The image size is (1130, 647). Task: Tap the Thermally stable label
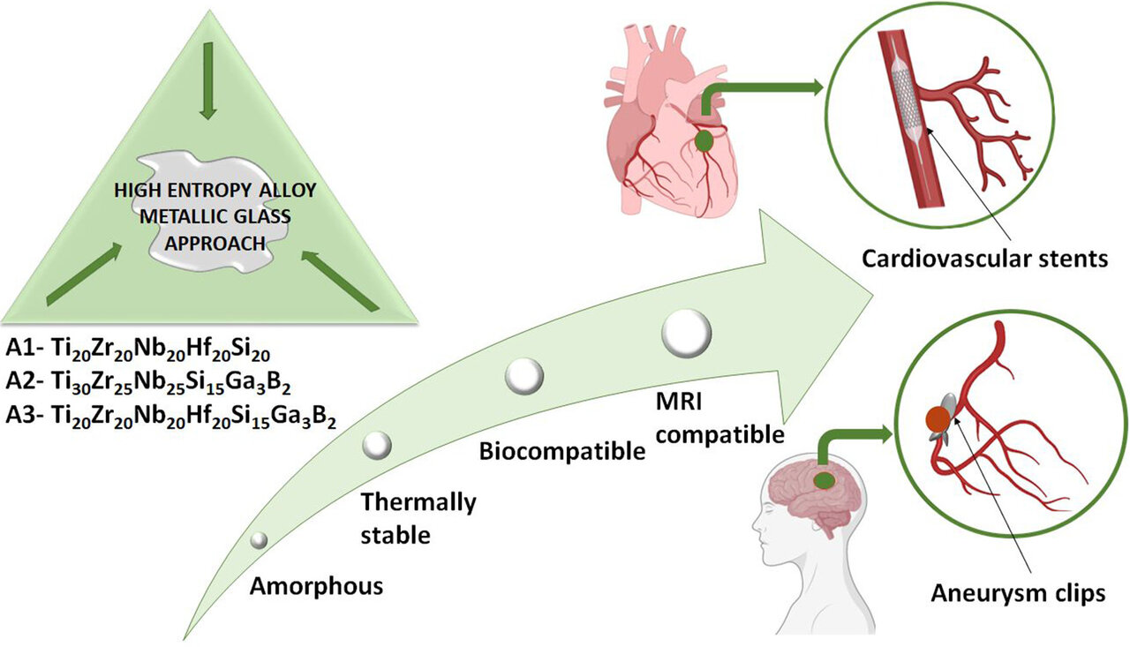(418, 518)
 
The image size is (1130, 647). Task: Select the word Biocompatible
(561, 453)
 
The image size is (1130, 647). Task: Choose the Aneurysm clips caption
(1018, 593)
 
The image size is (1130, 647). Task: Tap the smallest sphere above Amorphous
(259, 540)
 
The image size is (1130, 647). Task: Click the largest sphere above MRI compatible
(686, 334)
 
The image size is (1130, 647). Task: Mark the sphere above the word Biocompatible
(524, 377)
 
